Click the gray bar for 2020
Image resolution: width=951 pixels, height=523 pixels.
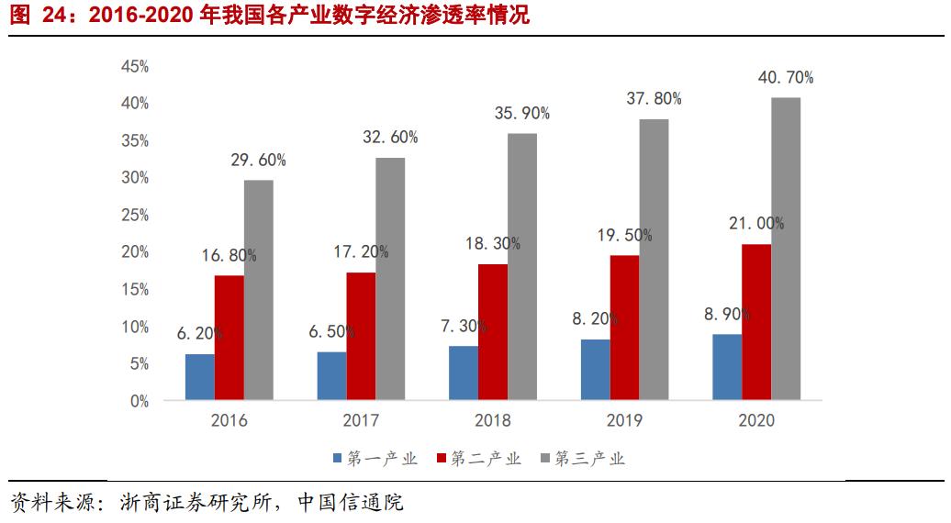[x=785, y=249]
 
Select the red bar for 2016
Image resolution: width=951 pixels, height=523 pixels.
[x=229, y=338]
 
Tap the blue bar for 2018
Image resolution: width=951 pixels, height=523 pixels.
[x=464, y=373]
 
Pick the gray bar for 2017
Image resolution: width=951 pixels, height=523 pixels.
[x=390, y=279]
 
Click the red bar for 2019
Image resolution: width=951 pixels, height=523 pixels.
[x=624, y=328]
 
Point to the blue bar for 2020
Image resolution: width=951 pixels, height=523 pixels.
[x=727, y=367]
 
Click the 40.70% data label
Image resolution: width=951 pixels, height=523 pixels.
[x=784, y=78]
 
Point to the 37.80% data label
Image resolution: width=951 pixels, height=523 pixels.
[x=653, y=99]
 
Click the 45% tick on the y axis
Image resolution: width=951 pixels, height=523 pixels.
[x=134, y=66]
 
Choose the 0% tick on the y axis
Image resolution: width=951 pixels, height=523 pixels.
[x=138, y=401]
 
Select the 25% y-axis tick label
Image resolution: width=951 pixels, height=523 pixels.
[x=134, y=215]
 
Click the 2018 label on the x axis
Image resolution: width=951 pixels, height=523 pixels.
[x=492, y=421]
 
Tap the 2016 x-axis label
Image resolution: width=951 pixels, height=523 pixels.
[x=229, y=421]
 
